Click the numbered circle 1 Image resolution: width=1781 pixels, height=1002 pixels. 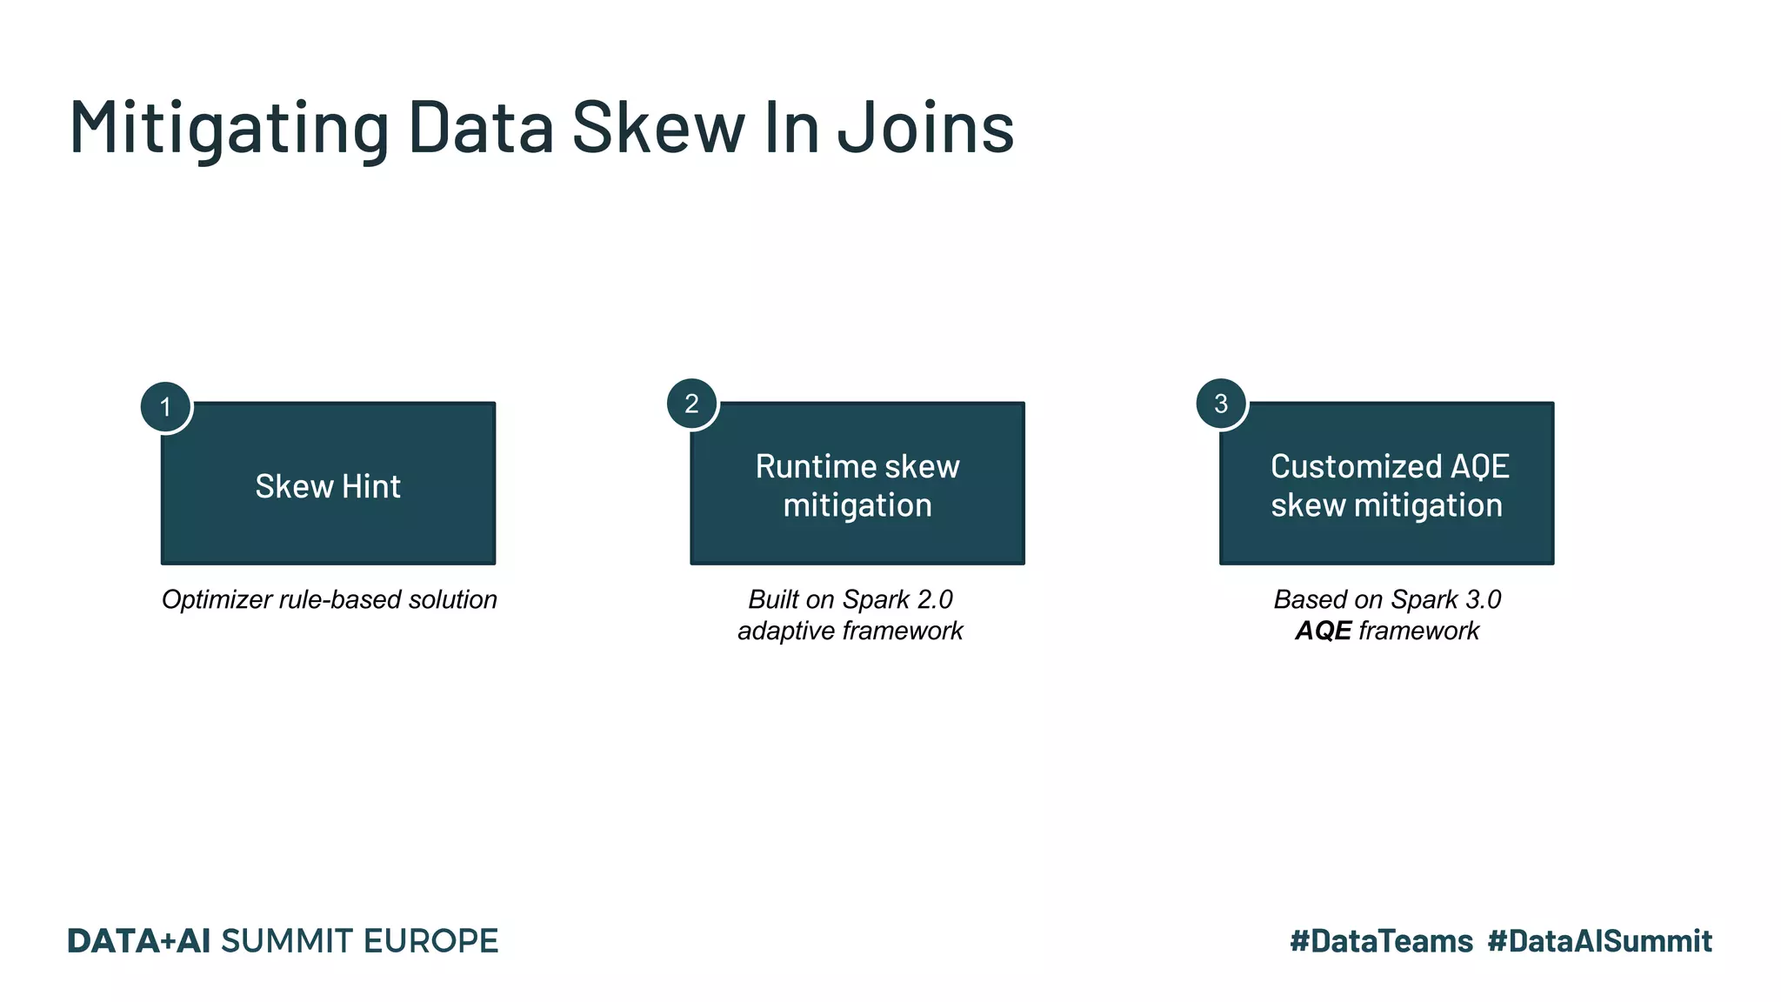click(x=165, y=407)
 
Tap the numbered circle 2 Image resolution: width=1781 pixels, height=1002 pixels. click(x=692, y=404)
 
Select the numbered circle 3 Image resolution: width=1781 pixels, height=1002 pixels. click(x=1221, y=404)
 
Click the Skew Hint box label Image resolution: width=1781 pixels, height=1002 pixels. click(x=328, y=486)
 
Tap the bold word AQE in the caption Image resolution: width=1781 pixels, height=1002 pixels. click(x=1324, y=631)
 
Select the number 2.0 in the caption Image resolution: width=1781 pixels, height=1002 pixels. click(x=934, y=599)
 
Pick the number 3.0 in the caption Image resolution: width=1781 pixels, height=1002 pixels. click(x=1482, y=599)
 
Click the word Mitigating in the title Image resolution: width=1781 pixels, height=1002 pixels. click(x=229, y=127)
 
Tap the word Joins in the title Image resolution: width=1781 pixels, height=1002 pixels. click(x=925, y=127)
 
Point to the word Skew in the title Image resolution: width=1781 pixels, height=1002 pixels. click(x=658, y=127)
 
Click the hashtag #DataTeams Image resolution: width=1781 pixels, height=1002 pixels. click(x=1381, y=941)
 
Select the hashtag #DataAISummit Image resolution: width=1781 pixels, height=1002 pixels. click(x=1599, y=941)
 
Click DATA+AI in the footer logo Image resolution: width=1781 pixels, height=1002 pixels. click(x=138, y=941)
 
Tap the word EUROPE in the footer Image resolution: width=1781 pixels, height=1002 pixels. click(x=430, y=941)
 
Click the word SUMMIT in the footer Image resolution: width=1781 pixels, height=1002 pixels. click(x=287, y=941)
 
